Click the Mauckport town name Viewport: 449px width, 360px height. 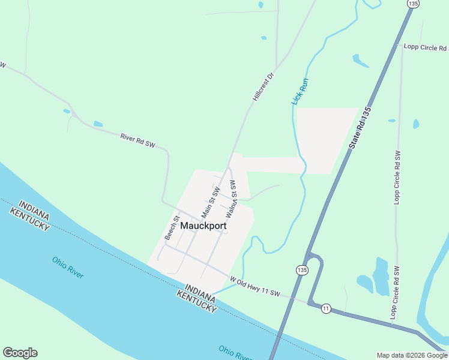(x=203, y=227)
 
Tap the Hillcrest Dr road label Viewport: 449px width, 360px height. (x=262, y=88)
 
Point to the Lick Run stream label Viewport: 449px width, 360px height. (x=300, y=91)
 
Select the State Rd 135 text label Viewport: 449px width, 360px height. (x=359, y=130)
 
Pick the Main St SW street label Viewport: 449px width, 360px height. (x=211, y=202)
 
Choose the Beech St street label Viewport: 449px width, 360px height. (x=172, y=229)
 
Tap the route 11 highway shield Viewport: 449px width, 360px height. (x=326, y=308)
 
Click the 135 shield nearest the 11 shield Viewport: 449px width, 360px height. (x=301, y=271)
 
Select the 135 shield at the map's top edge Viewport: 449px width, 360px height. (x=412, y=4)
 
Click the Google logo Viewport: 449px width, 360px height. (x=20, y=353)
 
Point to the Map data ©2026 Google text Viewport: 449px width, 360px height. (x=411, y=355)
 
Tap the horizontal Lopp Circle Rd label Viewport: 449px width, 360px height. (x=426, y=46)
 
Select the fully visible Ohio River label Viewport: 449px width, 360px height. (x=68, y=267)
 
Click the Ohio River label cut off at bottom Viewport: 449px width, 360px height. (x=235, y=353)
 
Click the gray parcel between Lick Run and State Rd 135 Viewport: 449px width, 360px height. (x=327, y=138)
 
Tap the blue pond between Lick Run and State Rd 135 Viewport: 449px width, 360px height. (x=360, y=61)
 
